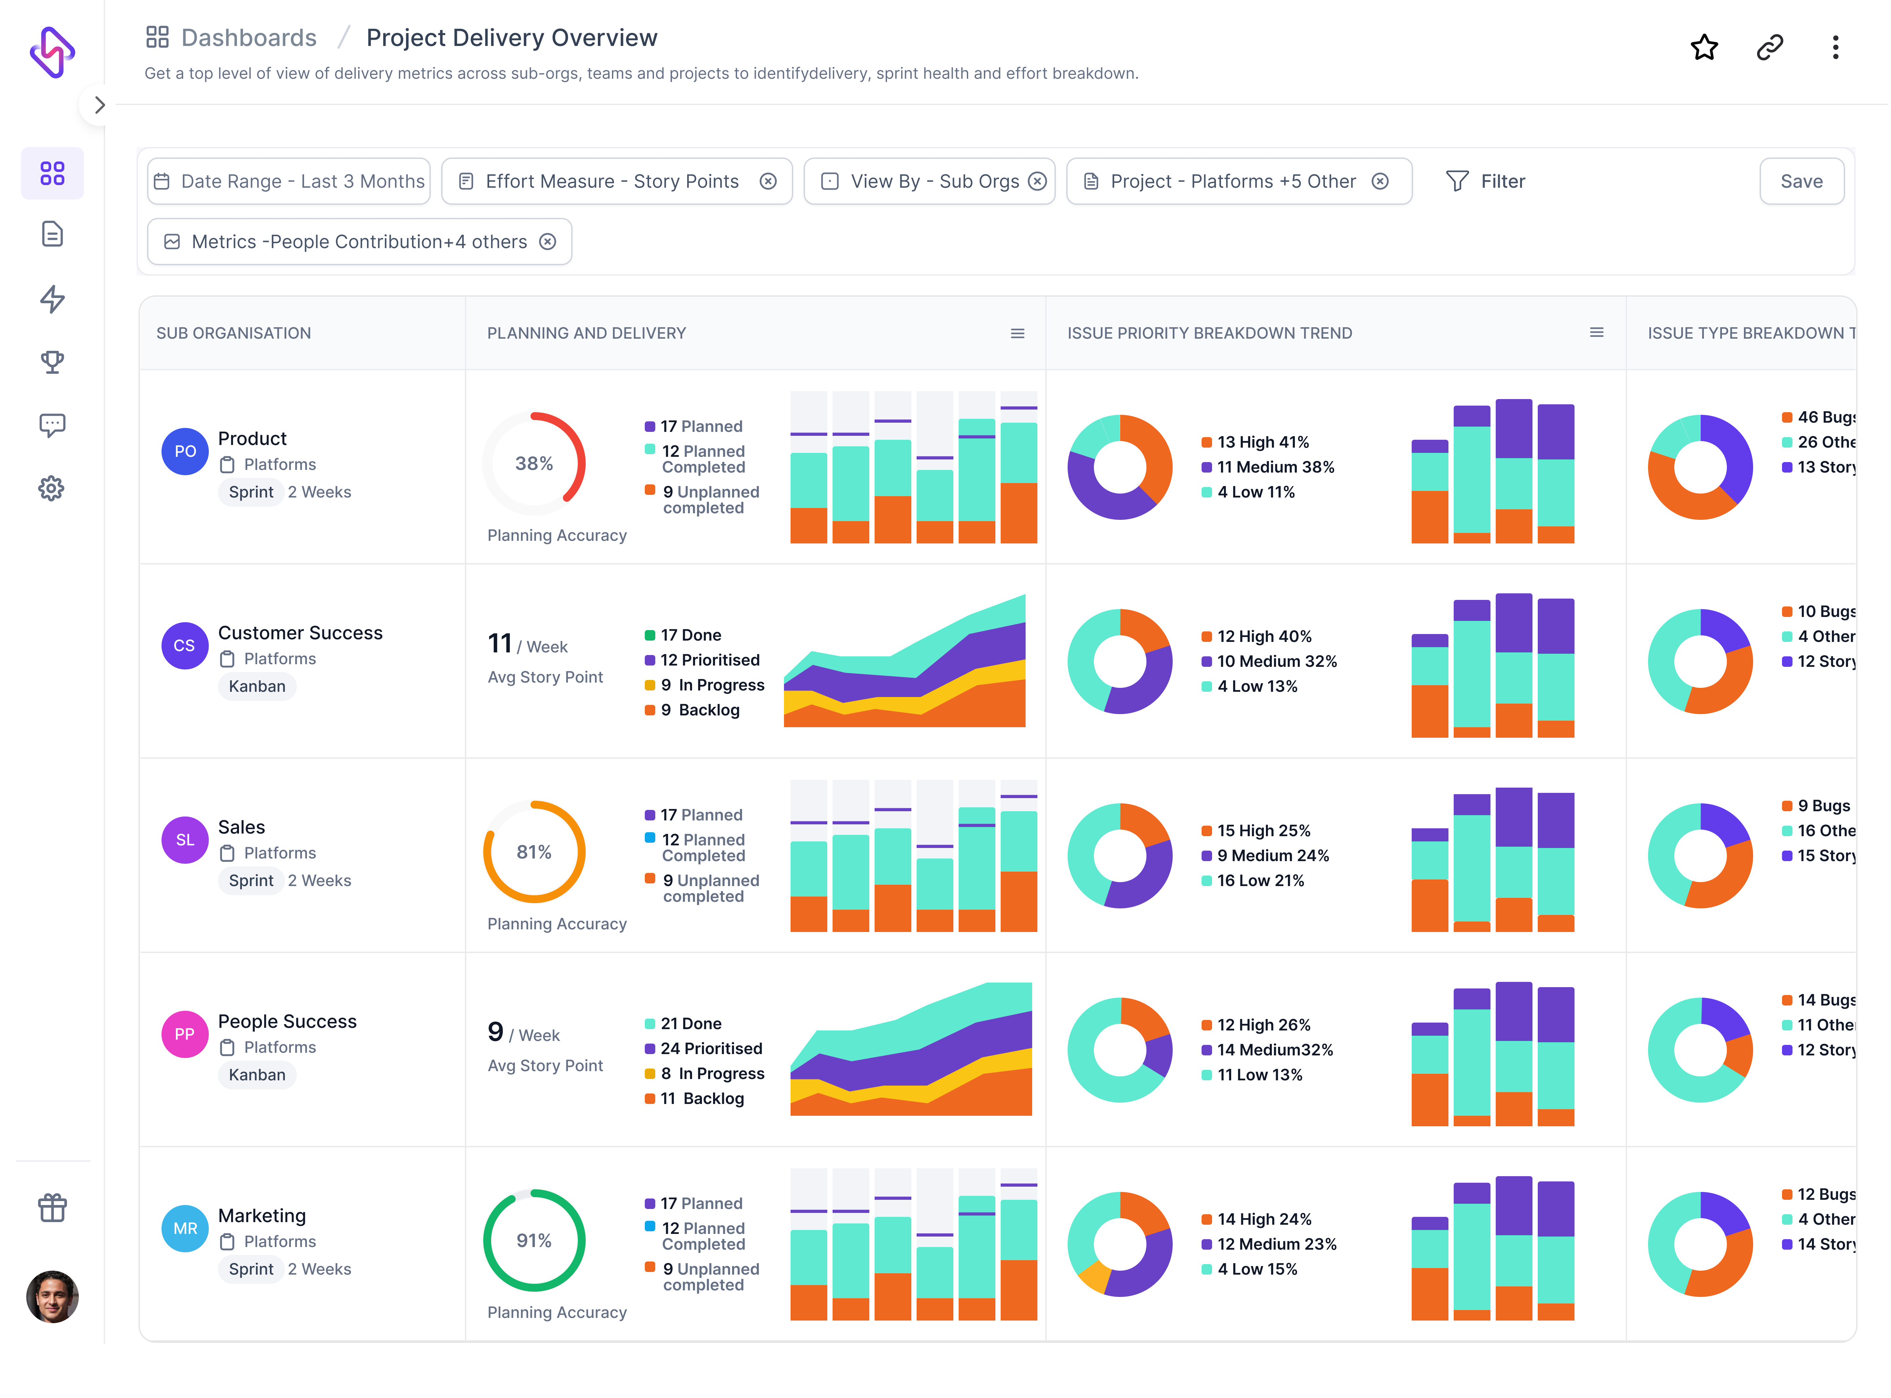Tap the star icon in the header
[x=1704, y=47]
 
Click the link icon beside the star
[x=1769, y=47]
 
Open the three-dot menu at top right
[x=1835, y=47]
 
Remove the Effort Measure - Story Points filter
[x=768, y=181]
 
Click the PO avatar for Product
[x=185, y=451]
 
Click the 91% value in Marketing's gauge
[x=534, y=1240]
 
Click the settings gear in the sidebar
[x=52, y=488]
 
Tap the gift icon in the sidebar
[x=52, y=1208]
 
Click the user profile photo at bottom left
[x=52, y=1297]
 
